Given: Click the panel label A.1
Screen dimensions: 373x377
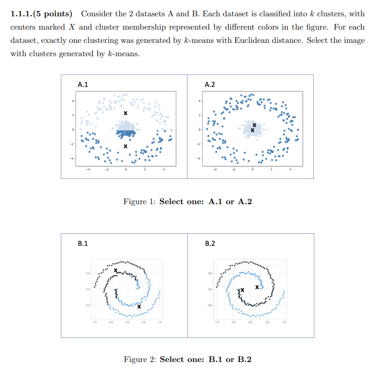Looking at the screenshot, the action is pyautogui.click(x=83, y=85).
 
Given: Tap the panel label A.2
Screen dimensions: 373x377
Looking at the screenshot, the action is pyautogui.click(x=210, y=85).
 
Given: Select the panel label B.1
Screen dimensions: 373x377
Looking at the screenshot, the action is pyautogui.click(x=83, y=244).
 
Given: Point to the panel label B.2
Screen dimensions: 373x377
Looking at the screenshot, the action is pyautogui.click(x=210, y=244).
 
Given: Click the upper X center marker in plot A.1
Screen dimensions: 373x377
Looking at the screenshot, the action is pyautogui.click(x=125, y=114).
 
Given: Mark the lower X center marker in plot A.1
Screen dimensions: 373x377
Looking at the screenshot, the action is pyautogui.click(x=125, y=147).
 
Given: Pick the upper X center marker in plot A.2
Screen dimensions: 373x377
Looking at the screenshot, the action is pyautogui.click(x=255, y=125).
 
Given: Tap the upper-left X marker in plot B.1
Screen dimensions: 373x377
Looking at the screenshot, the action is pyautogui.click(x=116, y=270).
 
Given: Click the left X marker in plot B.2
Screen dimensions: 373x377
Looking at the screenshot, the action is pyautogui.click(x=242, y=290).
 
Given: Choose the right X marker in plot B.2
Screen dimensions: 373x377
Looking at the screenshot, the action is pyautogui.click(x=257, y=287).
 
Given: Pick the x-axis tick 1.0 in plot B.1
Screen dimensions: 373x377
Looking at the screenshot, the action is pyautogui.click(x=159, y=323).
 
